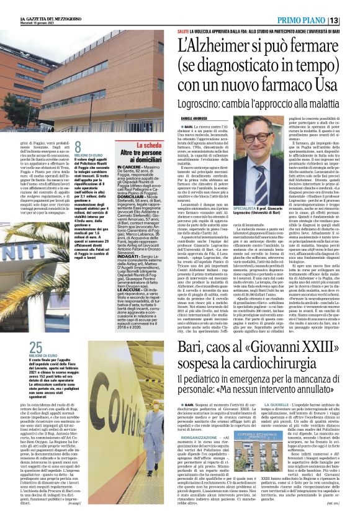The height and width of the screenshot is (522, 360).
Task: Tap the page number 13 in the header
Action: [351, 21]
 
